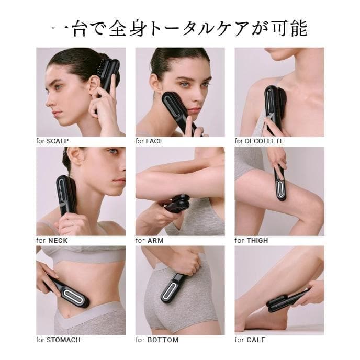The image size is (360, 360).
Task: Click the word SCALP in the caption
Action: (x=58, y=141)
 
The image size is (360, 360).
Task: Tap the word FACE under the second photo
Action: (x=155, y=141)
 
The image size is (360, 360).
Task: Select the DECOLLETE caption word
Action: (x=264, y=141)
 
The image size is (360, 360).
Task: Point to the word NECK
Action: (x=58, y=240)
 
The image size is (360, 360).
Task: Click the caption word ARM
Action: (x=155, y=240)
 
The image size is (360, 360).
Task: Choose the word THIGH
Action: (x=257, y=240)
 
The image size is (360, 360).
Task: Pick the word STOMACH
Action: (x=63, y=340)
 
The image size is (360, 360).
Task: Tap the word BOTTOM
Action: (x=163, y=340)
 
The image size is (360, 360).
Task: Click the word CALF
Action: (x=256, y=340)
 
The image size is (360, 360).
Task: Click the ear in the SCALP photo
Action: (x=94, y=85)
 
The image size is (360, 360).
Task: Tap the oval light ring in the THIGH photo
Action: (x=280, y=188)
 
